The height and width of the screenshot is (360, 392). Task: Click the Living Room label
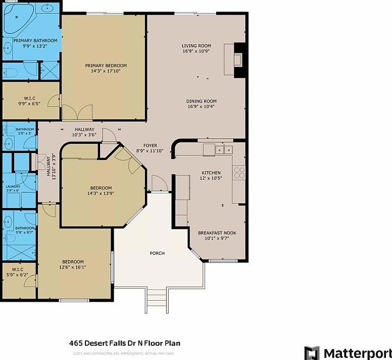tap(196, 46)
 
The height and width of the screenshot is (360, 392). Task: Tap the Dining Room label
tap(201, 101)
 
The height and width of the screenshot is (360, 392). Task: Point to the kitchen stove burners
tap(239, 173)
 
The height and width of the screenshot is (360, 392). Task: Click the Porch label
tap(157, 254)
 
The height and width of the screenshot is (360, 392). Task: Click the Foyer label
tap(150, 146)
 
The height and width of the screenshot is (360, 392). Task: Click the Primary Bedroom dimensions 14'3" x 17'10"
tap(102, 71)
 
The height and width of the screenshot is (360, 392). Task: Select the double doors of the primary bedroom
tap(77, 112)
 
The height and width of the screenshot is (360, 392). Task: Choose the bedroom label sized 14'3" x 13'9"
tap(101, 191)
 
